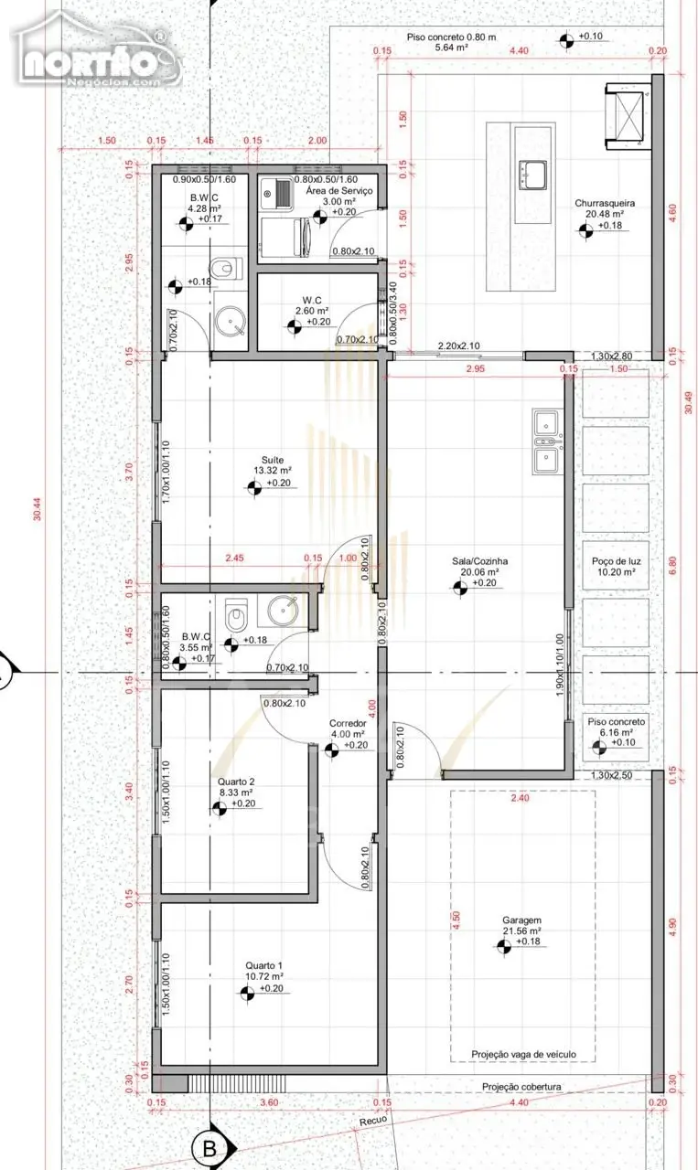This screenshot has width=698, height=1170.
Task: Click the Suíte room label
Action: pyautogui.click(x=273, y=460)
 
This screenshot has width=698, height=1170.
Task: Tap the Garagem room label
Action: pyautogui.click(x=521, y=920)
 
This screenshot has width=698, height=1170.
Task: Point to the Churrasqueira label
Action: pyautogui.click(x=605, y=203)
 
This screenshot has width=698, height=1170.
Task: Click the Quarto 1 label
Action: pyautogui.click(x=264, y=966)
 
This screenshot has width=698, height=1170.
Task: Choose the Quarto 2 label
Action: pyautogui.click(x=236, y=782)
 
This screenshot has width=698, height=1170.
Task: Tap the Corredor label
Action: pyautogui.click(x=348, y=723)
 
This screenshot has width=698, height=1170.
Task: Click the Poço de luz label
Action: pyautogui.click(x=617, y=561)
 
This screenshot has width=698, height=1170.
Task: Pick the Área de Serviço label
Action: pyautogui.click(x=339, y=191)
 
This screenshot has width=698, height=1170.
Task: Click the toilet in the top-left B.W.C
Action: pyautogui.click(x=227, y=269)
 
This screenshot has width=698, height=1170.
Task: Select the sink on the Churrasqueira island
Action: pyautogui.click(x=532, y=173)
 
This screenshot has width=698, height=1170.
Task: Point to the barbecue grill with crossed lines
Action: pyautogui.click(x=627, y=115)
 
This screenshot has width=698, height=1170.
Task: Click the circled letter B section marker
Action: pyautogui.click(x=210, y=1148)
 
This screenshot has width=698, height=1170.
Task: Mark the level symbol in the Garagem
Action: pyautogui.click(x=503, y=945)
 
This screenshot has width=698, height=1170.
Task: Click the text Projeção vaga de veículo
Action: pyautogui.click(x=523, y=1054)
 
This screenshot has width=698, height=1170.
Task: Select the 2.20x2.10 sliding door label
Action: pyautogui.click(x=458, y=346)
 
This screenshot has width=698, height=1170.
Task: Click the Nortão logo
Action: pyautogui.click(x=97, y=55)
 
